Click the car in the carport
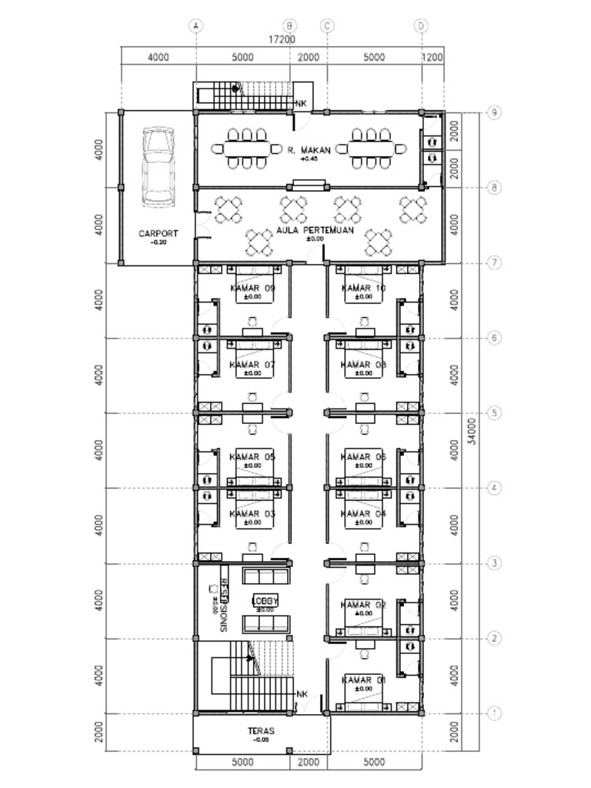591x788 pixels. (159, 167)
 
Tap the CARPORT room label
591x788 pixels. (159, 233)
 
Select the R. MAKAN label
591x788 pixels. (309, 151)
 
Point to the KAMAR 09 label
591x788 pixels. (252, 289)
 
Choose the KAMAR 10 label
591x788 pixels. (363, 289)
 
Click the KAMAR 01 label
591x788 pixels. (363, 680)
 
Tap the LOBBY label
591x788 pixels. (265, 601)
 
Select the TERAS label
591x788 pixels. (262, 731)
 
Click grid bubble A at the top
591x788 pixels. (196, 25)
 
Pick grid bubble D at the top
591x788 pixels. (421, 25)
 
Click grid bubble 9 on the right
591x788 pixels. (493, 113)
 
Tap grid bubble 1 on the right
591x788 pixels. (493, 713)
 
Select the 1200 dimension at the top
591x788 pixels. (433, 57)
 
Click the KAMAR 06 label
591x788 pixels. (363, 457)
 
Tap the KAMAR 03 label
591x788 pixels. (252, 513)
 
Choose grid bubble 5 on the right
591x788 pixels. (493, 413)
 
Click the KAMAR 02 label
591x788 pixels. (363, 606)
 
